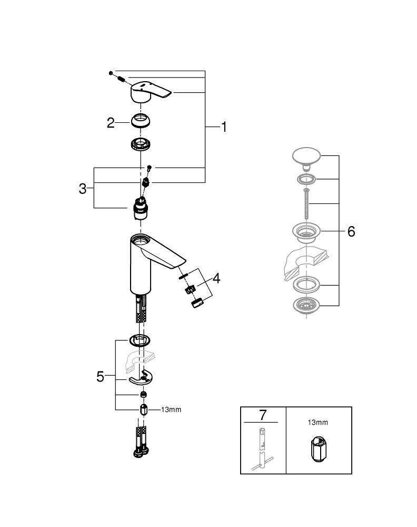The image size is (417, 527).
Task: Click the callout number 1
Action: [x=224, y=127]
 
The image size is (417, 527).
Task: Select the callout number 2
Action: [x=111, y=123]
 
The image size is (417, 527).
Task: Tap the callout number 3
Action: [x=83, y=188]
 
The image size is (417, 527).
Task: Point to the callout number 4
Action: [x=216, y=278]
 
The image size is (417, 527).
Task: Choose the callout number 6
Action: [x=351, y=231]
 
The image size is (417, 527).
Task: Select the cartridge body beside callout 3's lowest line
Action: [x=140, y=210]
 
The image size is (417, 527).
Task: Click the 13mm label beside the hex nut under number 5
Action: [x=171, y=409]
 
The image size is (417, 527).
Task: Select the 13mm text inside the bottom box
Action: [x=318, y=422]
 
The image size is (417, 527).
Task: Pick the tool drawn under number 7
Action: [x=262, y=448]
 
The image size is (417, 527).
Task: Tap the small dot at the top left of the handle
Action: [x=111, y=72]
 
